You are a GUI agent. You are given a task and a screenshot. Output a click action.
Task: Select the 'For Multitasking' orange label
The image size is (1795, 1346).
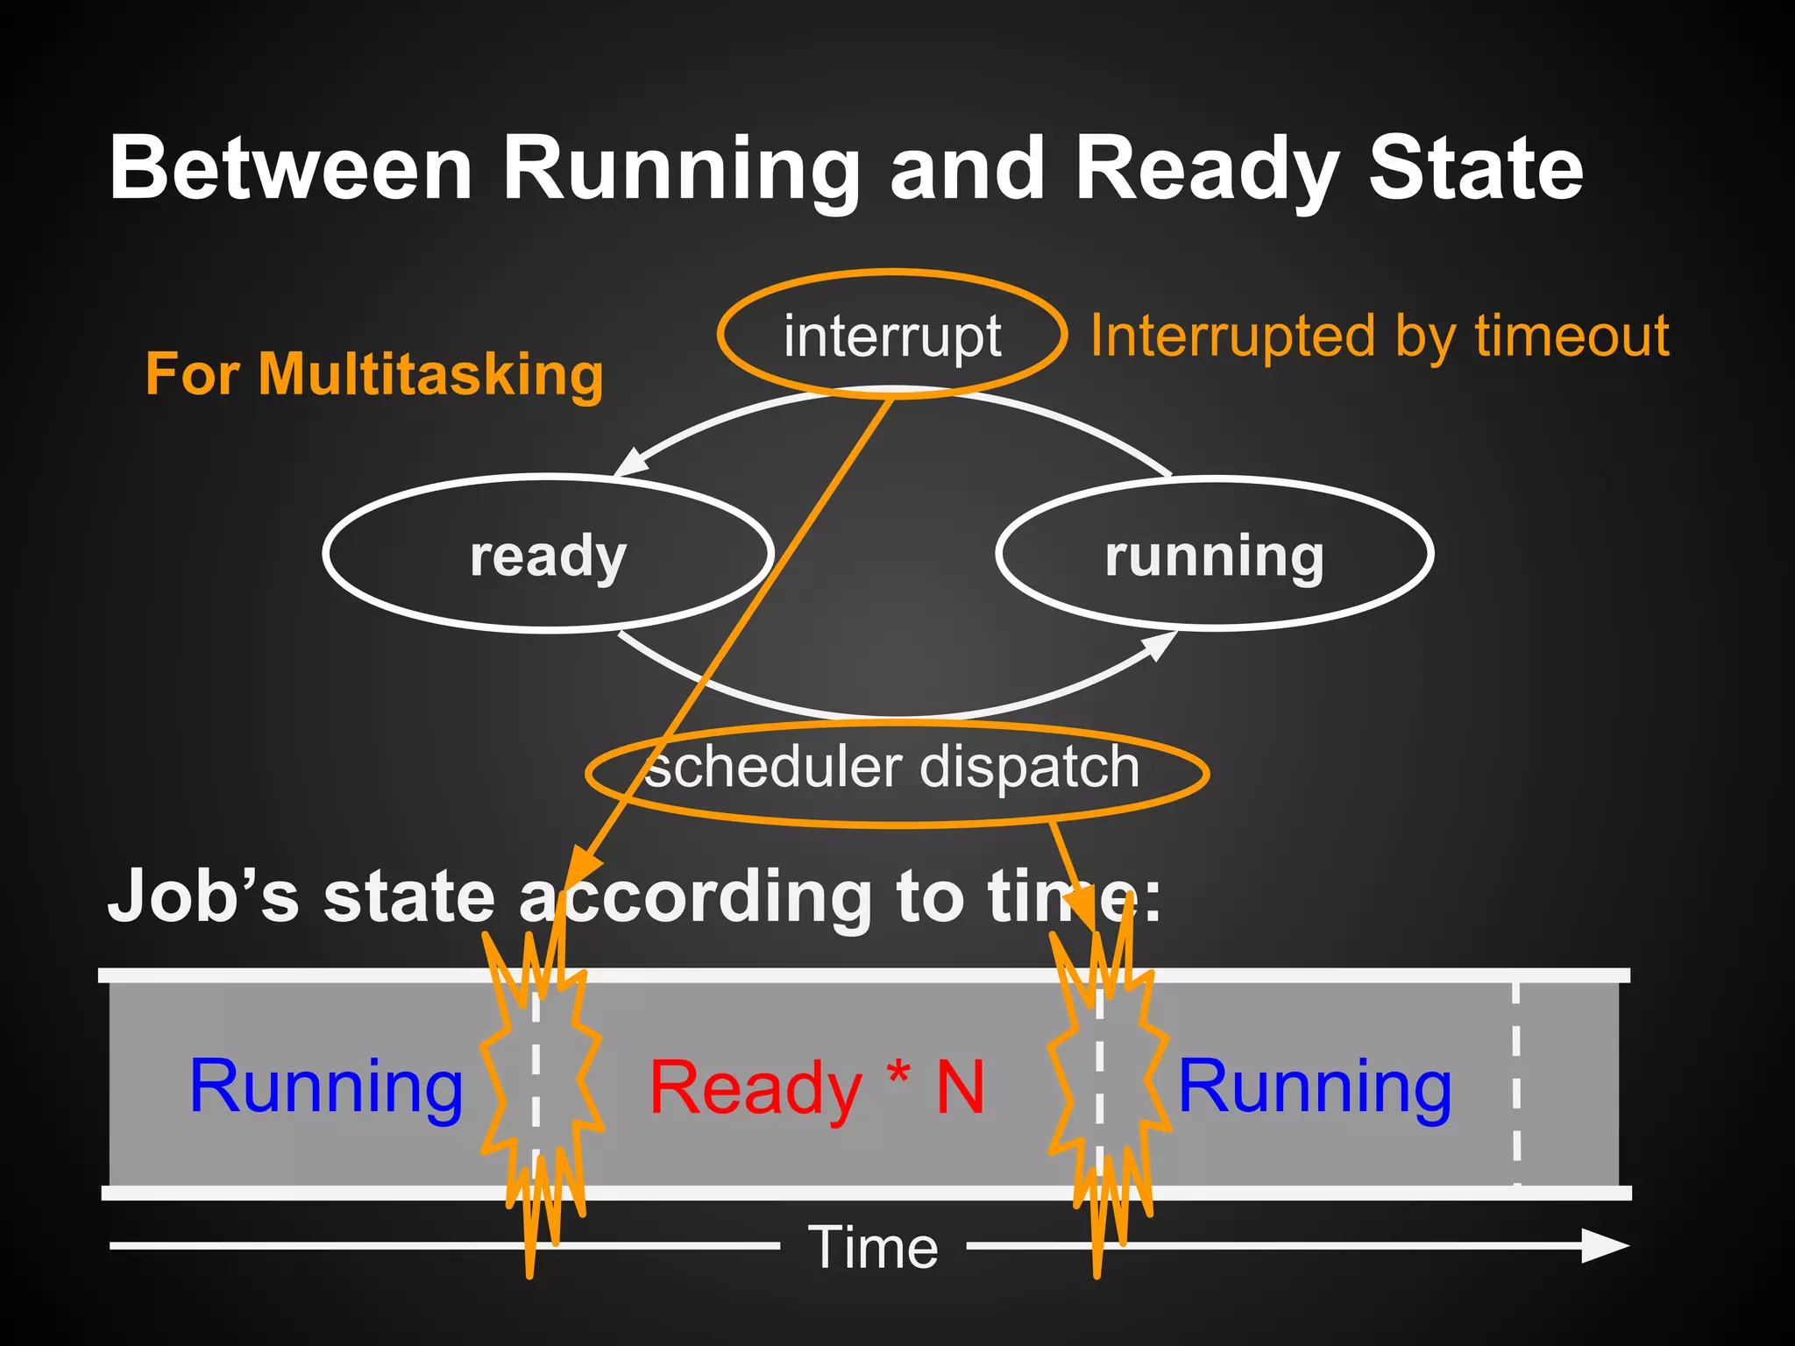[374, 374]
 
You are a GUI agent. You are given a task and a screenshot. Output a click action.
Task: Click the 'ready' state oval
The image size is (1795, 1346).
[549, 555]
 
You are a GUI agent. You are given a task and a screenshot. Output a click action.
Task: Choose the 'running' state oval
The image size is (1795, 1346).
[1215, 555]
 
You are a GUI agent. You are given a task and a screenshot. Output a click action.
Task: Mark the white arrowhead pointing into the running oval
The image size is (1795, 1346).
[1160, 645]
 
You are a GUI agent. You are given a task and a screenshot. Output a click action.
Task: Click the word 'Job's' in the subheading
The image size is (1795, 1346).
[203, 896]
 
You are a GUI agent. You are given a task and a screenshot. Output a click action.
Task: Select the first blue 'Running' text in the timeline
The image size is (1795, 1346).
[326, 1087]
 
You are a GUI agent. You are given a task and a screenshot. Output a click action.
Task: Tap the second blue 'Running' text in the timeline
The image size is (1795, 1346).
[1315, 1087]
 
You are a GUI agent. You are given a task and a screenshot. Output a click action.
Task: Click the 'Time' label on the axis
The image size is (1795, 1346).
[873, 1247]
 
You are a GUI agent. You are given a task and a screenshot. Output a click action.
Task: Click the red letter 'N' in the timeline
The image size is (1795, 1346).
[961, 1088]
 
